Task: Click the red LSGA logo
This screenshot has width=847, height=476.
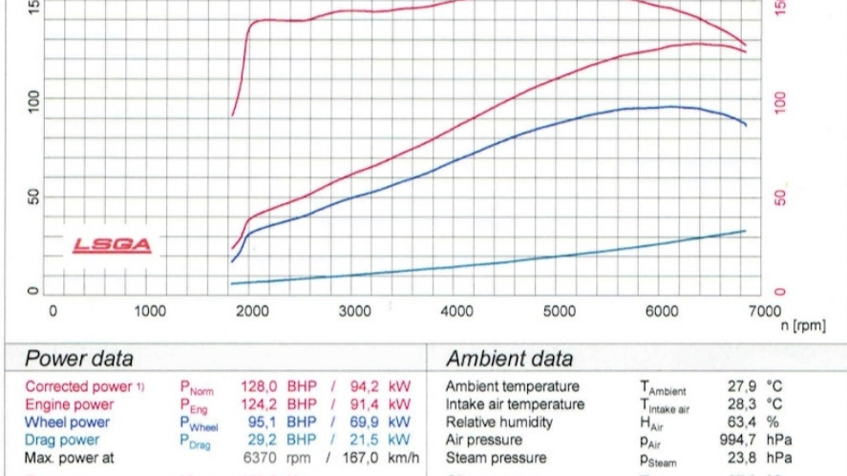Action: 113,245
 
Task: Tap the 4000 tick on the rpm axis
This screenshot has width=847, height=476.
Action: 457,311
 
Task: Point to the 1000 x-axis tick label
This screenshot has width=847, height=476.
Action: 150,311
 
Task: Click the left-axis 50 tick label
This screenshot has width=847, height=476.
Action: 35,198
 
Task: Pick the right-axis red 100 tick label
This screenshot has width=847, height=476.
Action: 780,102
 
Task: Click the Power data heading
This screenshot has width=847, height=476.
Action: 78,360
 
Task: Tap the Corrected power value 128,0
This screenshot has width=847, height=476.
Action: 259,387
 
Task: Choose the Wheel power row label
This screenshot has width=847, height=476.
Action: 67,423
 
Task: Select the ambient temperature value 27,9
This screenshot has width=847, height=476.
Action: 738,387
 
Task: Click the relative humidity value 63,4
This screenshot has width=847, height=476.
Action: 738,423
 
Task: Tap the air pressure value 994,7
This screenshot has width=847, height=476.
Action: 735,440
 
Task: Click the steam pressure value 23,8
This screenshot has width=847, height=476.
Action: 738,458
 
